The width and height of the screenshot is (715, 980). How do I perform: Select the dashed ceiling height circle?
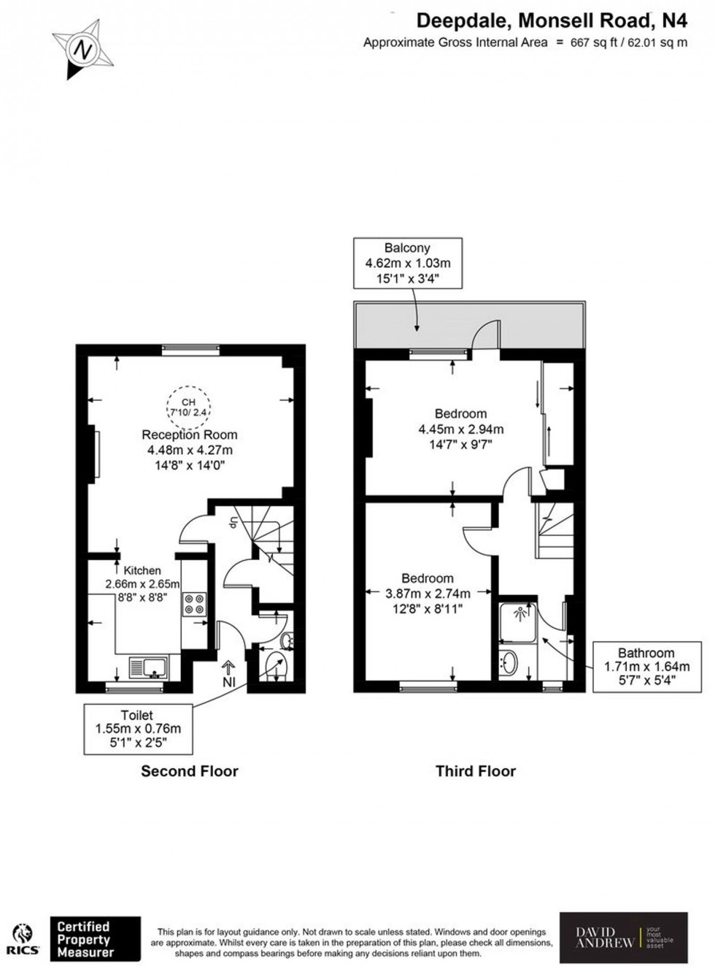[x=188, y=407]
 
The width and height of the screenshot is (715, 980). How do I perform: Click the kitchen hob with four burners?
[x=195, y=604]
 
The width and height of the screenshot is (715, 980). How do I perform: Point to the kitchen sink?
[x=148, y=666]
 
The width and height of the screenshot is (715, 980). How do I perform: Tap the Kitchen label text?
[x=142, y=570]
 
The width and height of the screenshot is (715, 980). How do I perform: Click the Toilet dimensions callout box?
[x=138, y=728]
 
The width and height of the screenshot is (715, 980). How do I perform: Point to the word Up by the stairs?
[x=233, y=523]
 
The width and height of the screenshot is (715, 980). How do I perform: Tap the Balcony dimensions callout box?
[x=407, y=263]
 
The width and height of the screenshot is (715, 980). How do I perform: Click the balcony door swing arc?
[x=485, y=334]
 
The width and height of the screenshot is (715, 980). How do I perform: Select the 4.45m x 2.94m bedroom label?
[x=460, y=429]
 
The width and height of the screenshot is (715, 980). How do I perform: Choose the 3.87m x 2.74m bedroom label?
[x=428, y=593]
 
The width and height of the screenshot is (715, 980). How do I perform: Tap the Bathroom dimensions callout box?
[x=646, y=666]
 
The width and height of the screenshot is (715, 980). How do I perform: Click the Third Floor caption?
[x=475, y=771]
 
